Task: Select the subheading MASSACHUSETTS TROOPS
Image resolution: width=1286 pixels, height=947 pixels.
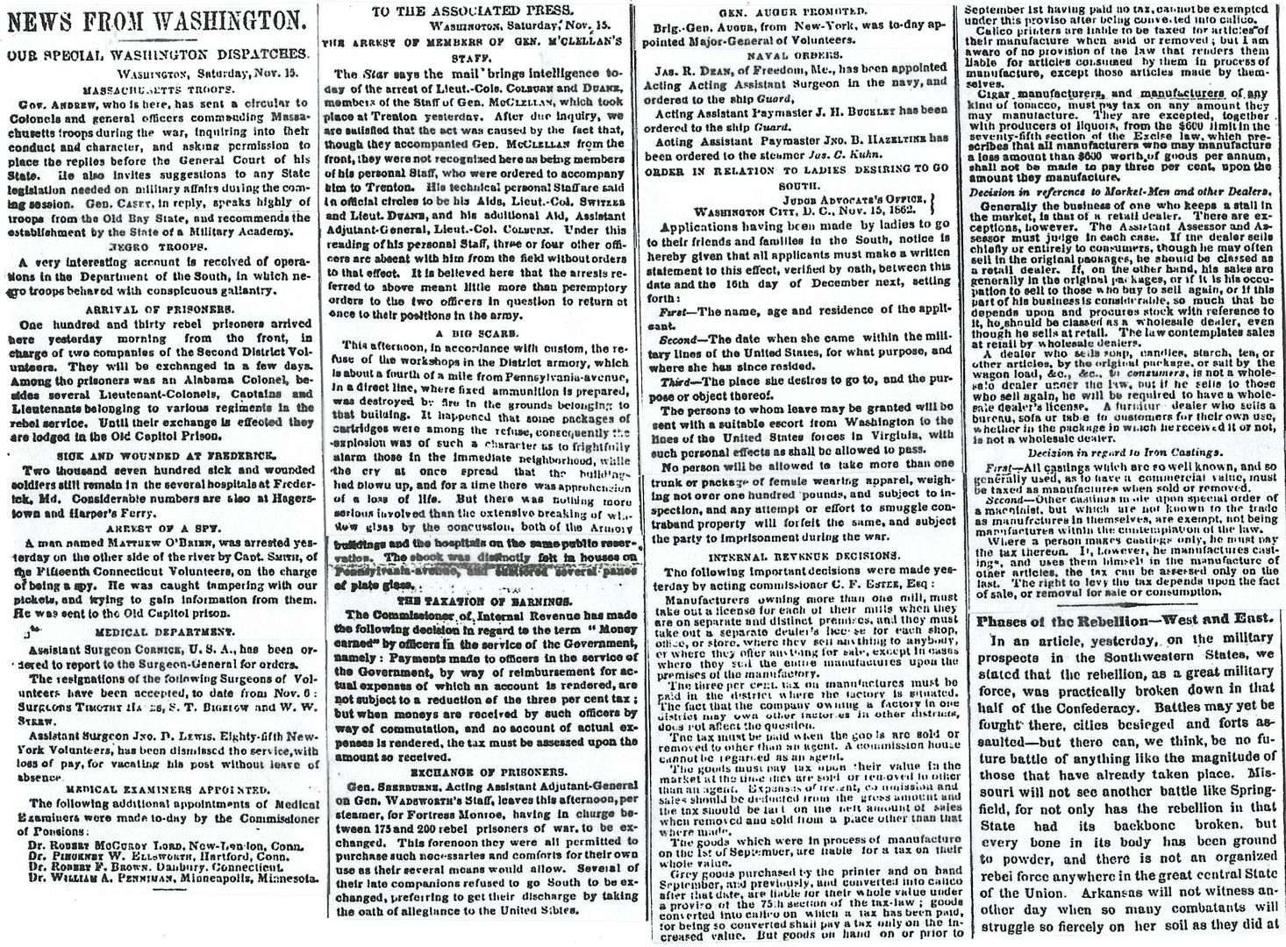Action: [157, 89]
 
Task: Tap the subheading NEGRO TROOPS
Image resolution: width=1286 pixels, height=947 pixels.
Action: [156, 246]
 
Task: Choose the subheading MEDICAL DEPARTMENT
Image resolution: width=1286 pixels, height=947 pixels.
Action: [155, 630]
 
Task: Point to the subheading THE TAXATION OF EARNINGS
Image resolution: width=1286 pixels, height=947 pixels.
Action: [477, 602]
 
